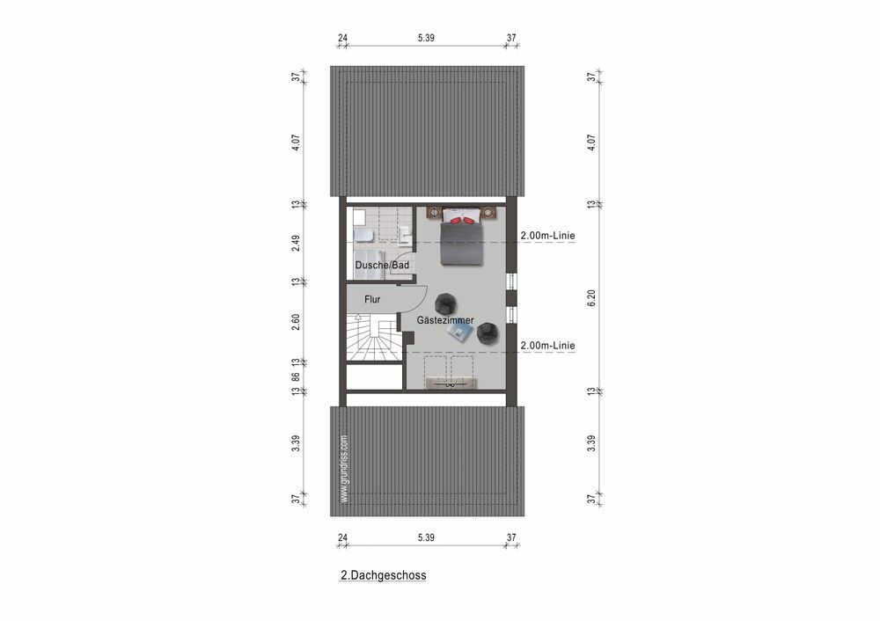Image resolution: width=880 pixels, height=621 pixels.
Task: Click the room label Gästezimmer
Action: [x=445, y=320]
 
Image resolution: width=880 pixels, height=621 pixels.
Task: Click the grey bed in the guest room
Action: [x=462, y=239]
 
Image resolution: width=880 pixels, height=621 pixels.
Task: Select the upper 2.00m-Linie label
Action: [x=547, y=237]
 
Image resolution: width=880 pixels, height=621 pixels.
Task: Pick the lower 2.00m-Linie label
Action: [x=547, y=346]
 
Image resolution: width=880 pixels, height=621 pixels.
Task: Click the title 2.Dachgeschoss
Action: [x=383, y=576]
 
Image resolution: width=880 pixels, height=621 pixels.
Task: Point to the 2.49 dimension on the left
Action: [x=297, y=243]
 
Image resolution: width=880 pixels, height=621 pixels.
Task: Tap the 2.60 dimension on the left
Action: [x=297, y=322]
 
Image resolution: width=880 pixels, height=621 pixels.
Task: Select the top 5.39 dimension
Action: [x=425, y=39]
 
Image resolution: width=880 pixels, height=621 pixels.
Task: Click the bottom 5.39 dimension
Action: [x=425, y=537]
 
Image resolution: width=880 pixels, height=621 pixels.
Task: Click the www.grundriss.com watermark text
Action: [x=344, y=469]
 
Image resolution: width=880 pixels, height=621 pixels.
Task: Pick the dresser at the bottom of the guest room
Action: [x=450, y=384]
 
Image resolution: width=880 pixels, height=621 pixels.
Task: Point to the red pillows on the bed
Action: [x=462, y=216]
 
